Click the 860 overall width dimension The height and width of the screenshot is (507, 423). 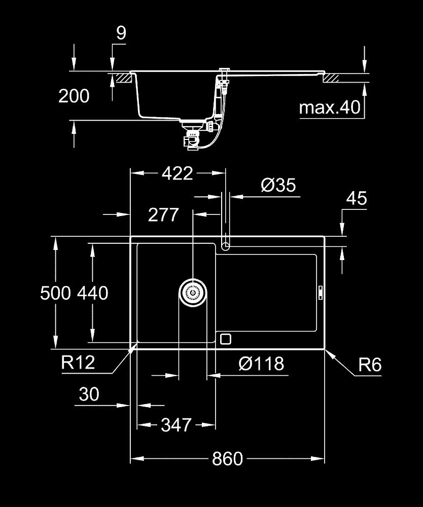pyautogui.click(x=227, y=459)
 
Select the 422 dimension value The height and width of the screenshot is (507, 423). pyautogui.click(x=177, y=174)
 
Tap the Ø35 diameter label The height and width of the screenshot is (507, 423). pyautogui.click(x=278, y=185)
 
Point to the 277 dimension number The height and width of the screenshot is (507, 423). pyautogui.click(x=163, y=215)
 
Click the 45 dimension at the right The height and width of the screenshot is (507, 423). pyautogui.click(x=356, y=198)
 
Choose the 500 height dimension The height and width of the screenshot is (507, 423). pyautogui.click(x=55, y=293)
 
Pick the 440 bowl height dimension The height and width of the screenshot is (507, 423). pyautogui.click(x=93, y=293)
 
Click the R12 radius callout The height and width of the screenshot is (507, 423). pyautogui.click(x=78, y=363)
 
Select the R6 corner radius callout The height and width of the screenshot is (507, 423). pyautogui.click(x=369, y=365)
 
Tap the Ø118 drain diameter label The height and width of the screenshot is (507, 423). pyautogui.click(x=261, y=364)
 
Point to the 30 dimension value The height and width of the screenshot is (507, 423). pyautogui.click(x=89, y=394)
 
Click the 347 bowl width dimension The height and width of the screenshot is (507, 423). pyautogui.click(x=176, y=424)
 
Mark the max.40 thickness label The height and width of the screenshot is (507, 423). pyautogui.click(x=329, y=107)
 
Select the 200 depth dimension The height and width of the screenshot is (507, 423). pyautogui.click(x=74, y=96)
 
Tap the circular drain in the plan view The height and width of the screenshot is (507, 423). pyautogui.click(x=193, y=293)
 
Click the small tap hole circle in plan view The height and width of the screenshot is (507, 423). pyautogui.click(x=226, y=246)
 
